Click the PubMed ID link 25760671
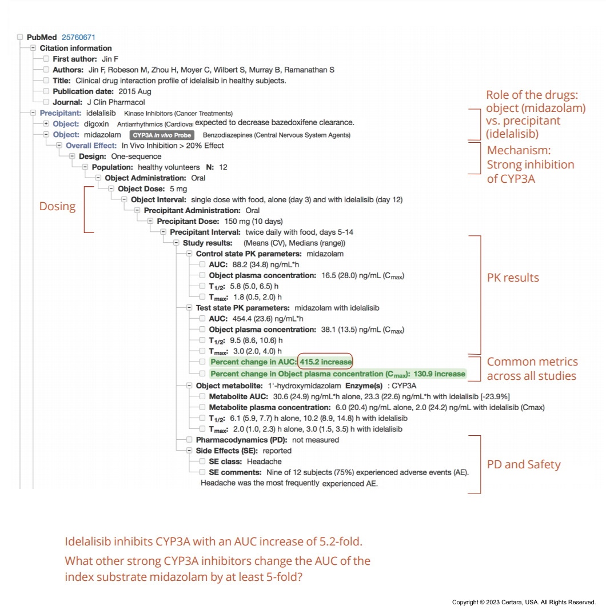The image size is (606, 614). (78, 37)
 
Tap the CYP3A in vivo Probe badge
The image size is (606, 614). (162, 135)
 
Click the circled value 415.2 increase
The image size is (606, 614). (325, 362)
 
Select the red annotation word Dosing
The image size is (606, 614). (57, 206)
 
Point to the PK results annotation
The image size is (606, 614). (513, 277)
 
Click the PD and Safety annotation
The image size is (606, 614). (524, 464)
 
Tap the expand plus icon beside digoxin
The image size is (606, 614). (46, 124)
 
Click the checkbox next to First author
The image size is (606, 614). (46, 59)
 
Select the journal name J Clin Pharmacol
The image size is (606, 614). (116, 102)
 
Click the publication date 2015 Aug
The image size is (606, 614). (135, 91)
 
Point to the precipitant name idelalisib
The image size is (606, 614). (101, 113)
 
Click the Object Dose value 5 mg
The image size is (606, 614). (178, 188)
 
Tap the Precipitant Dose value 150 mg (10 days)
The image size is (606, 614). (254, 221)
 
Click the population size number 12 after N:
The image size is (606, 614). (223, 167)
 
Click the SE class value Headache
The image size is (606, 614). (264, 461)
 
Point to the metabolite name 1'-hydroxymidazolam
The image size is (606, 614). (305, 386)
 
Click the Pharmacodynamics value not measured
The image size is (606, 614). (316, 440)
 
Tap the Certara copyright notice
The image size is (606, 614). (524, 602)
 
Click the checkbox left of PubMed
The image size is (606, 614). (20, 37)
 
